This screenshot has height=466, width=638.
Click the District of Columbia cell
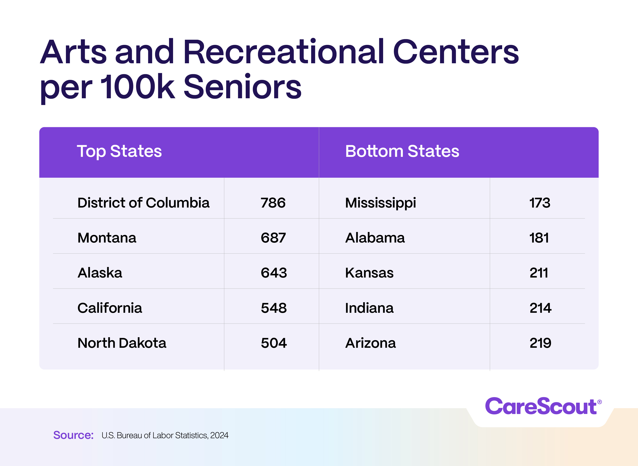click(143, 203)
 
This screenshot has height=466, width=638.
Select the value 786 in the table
click(273, 203)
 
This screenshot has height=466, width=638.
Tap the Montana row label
click(107, 238)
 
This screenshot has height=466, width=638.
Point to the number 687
click(273, 238)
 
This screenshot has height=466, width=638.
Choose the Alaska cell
click(100, 273)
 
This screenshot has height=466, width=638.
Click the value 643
click(274, 273)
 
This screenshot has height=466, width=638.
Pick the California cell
click(110, 308)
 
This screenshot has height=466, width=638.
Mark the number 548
click(274, 308)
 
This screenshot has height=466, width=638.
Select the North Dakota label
click(122, 343)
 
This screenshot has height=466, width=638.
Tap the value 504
click(274, 343)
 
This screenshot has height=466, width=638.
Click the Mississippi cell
click(380, 203)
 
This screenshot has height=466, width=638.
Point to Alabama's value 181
click(539, 238)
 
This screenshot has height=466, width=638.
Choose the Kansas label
click(369, 273)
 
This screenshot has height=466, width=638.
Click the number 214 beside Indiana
click(540, 308)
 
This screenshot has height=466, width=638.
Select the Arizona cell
click(370, 343)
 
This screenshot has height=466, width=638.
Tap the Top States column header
click(119, 151)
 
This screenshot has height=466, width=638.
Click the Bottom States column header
click(402, 151)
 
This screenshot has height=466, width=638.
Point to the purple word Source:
click(73, 435)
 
